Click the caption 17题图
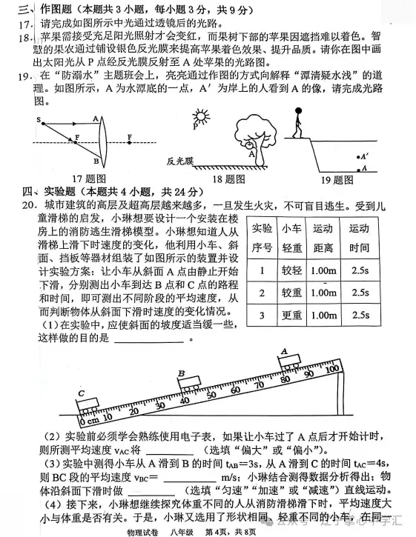click(81, 179)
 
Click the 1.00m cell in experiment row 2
click(323, 293)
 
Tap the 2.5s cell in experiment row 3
click(360, 316)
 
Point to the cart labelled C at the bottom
click(88, 404)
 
